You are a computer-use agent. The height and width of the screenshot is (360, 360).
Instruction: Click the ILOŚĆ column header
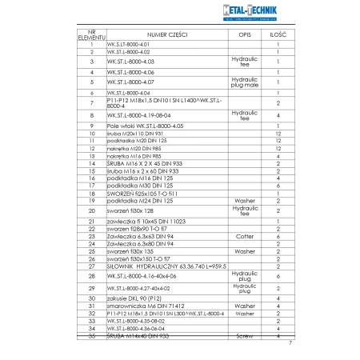pyautogui.click(x=278, y=34)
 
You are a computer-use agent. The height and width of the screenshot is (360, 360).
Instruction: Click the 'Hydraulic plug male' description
pyautogui.click(x=243, y=82)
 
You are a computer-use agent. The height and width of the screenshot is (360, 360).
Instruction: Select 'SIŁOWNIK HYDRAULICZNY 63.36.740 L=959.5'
pyautogui.click(x=150, y=266)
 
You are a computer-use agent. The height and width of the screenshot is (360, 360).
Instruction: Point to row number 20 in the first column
pyautogui.click(x=92, y=210)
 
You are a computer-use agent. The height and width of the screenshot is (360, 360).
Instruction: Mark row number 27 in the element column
pyautogui.click(x=92, y=266)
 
